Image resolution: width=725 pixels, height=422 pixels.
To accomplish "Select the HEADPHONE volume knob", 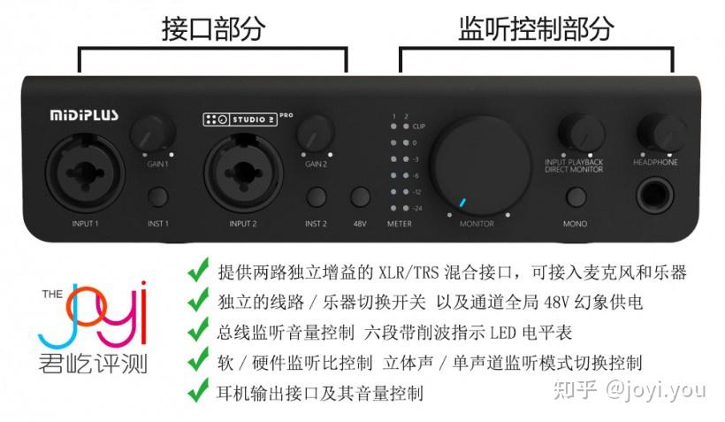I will [655, 133].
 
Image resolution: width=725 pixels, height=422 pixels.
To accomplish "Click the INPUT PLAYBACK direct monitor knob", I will [576, 134].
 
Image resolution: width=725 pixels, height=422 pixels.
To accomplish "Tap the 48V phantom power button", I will [360, 198].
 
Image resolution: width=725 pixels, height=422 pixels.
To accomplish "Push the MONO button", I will [575, 198].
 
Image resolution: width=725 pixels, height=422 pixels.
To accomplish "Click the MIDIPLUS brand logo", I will [84, 114].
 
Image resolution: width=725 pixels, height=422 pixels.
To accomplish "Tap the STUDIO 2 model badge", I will [240, 119].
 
